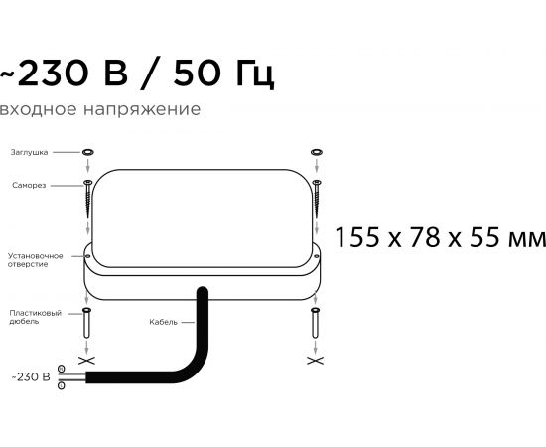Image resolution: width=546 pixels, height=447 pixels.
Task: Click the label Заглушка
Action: click(x=29, y=153)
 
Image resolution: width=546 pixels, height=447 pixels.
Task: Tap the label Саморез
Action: click(x=29, y=185)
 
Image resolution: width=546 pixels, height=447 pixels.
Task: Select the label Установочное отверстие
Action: click(x=35, y=260)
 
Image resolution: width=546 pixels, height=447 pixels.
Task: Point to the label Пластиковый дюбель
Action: click(x=35, y=317)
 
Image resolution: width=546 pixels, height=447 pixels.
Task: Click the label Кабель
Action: click(x=164, y=322)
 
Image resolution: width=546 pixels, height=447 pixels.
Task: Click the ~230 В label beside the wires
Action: click(x=31, y=377)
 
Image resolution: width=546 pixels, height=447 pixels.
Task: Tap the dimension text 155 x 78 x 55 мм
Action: click(x=440, y=237)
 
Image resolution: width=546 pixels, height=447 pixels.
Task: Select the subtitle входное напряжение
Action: click(x=100, y=109)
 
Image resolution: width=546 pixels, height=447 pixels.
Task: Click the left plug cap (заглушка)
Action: click(x=88, y=152)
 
